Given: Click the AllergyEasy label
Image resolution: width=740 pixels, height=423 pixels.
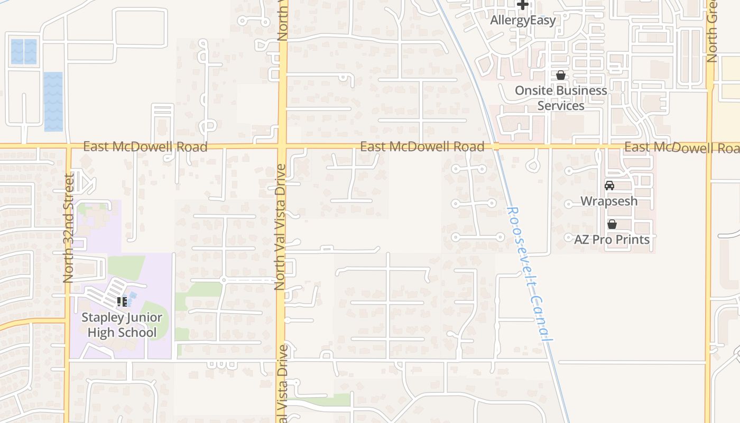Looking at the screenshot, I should (523, 21).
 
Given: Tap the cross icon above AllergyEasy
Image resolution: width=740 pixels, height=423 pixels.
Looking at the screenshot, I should (523, 5).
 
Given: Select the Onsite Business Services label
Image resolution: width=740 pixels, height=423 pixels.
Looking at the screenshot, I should (561, 98).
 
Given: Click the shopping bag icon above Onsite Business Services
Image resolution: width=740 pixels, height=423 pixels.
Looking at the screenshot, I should (561, 76).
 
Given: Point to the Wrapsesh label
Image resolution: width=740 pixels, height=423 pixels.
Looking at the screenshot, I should (609, 201).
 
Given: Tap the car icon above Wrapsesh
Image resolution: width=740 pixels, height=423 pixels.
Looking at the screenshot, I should (609, 186).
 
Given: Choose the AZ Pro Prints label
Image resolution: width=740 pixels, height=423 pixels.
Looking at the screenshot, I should (612, 240).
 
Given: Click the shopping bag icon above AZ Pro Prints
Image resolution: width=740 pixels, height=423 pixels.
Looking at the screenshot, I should (612, 224).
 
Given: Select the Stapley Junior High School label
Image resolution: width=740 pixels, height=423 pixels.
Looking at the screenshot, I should (122, 325).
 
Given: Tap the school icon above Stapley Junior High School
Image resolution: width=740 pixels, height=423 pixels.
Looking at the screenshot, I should (122, 302).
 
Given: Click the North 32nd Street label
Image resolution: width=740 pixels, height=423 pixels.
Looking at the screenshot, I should (68, 228).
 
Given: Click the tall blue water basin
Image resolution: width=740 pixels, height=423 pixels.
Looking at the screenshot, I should (53, 102).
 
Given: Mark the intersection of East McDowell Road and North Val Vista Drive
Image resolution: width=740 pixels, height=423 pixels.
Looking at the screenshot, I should (282, 145).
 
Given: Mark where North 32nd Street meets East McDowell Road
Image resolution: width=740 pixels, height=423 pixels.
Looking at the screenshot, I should (68, 145).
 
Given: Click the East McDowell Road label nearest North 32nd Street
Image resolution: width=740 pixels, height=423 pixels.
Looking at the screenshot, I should (145, 146).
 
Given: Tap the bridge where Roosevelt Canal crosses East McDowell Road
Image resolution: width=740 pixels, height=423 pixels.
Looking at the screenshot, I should (496, 146).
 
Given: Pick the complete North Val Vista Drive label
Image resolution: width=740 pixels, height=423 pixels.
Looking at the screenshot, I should (280, 227).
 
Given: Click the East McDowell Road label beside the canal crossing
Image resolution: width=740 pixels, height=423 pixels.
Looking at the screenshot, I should (422, 146).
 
